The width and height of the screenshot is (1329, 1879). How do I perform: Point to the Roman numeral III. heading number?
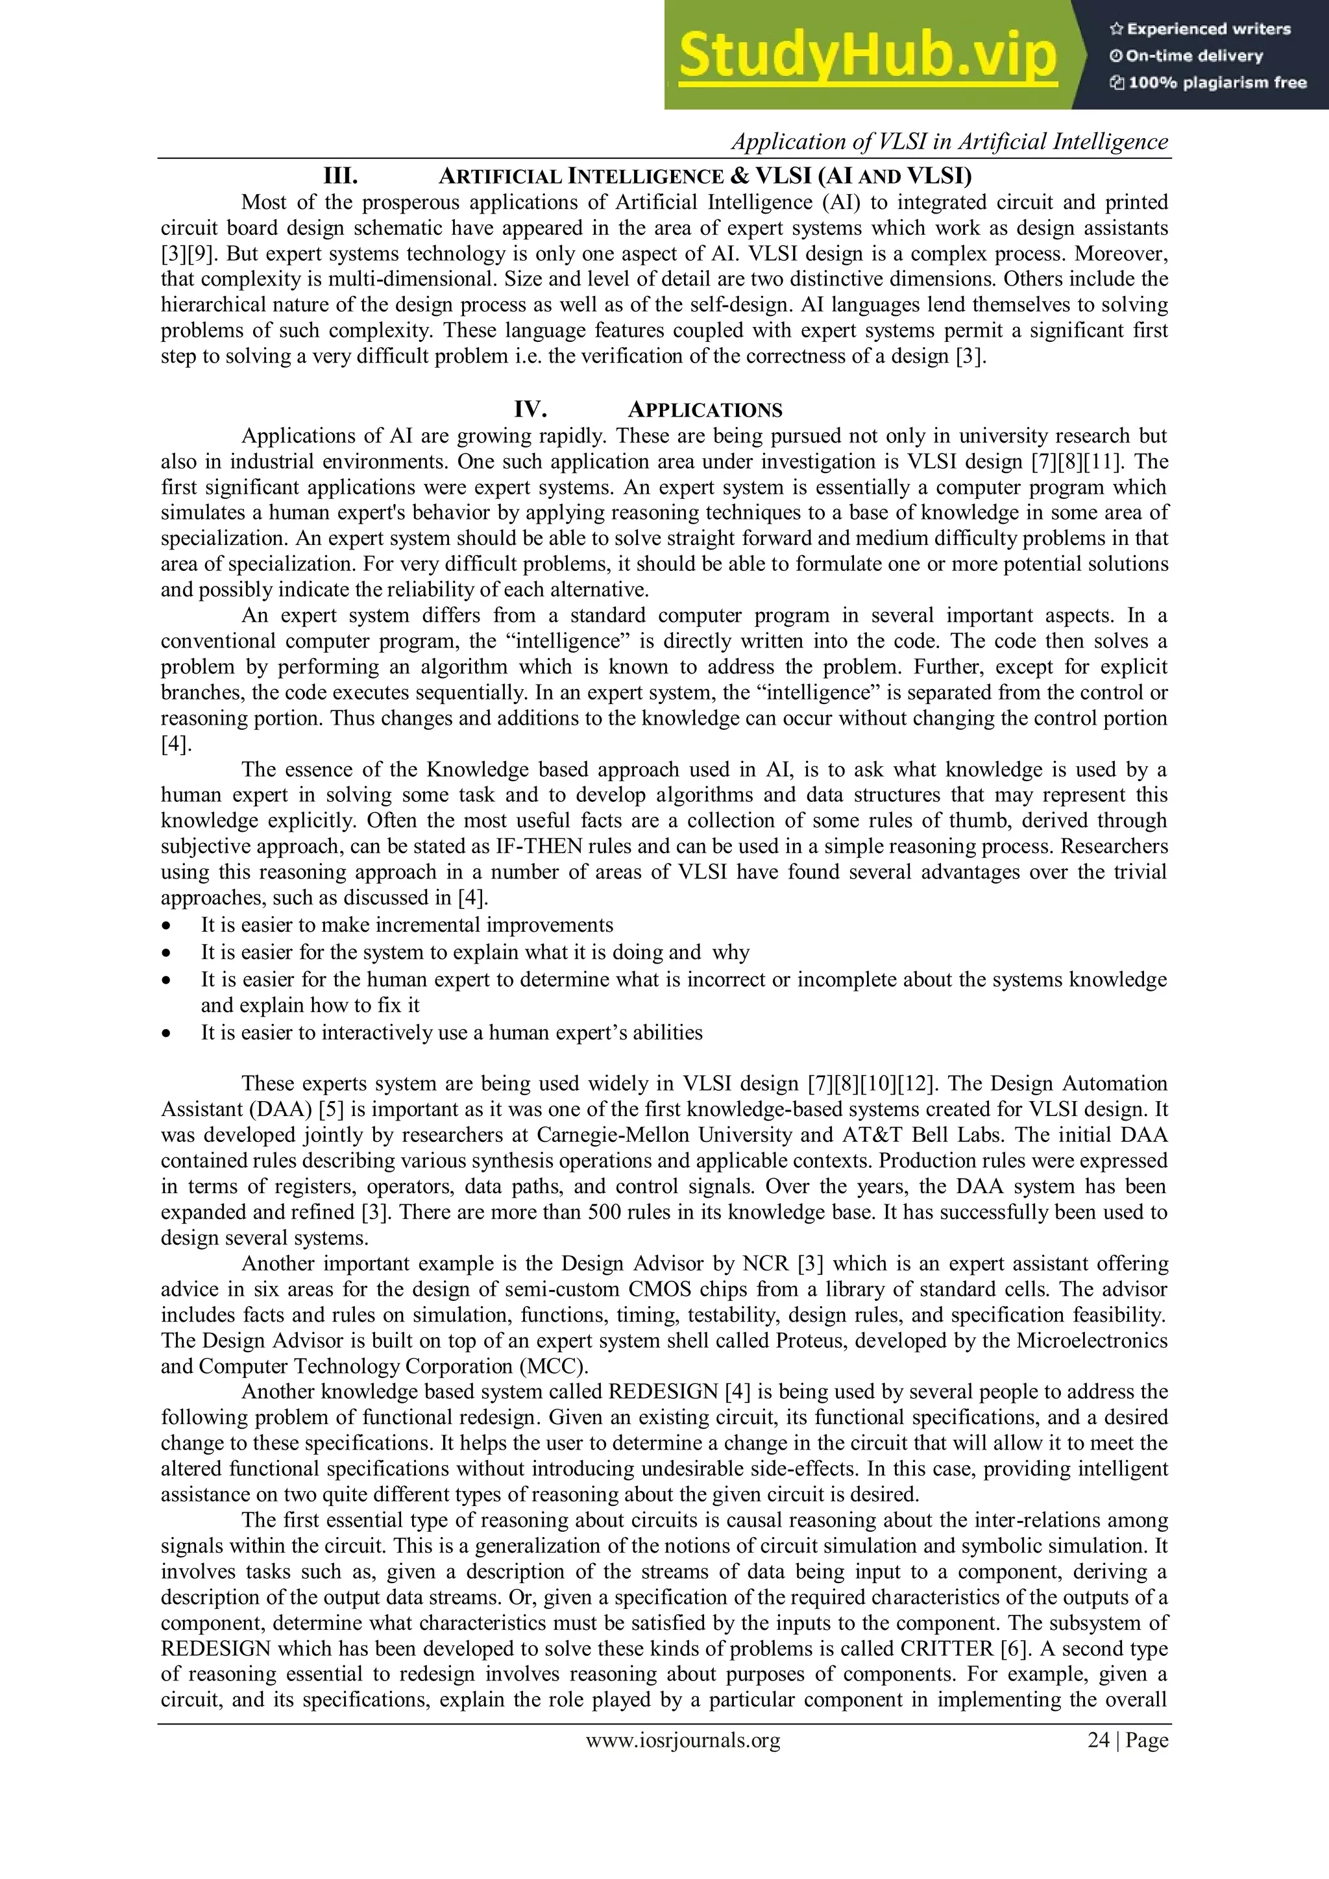(x=341, y=176)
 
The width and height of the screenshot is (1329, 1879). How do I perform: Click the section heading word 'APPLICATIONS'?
(x=705, y=411)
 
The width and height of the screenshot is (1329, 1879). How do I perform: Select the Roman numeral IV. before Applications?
(x=530, y=410)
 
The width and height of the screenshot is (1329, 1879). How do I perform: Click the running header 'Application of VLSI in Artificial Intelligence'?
(x=949, y=142)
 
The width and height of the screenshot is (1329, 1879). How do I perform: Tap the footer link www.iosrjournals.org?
(x=683, y=1740)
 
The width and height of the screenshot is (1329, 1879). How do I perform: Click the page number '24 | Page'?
(x=1127, y=1740)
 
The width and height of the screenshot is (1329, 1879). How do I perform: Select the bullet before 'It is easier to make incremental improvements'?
(x=167, y=927)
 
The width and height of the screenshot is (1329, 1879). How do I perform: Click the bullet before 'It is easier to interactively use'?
(x=167, y=1034)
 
